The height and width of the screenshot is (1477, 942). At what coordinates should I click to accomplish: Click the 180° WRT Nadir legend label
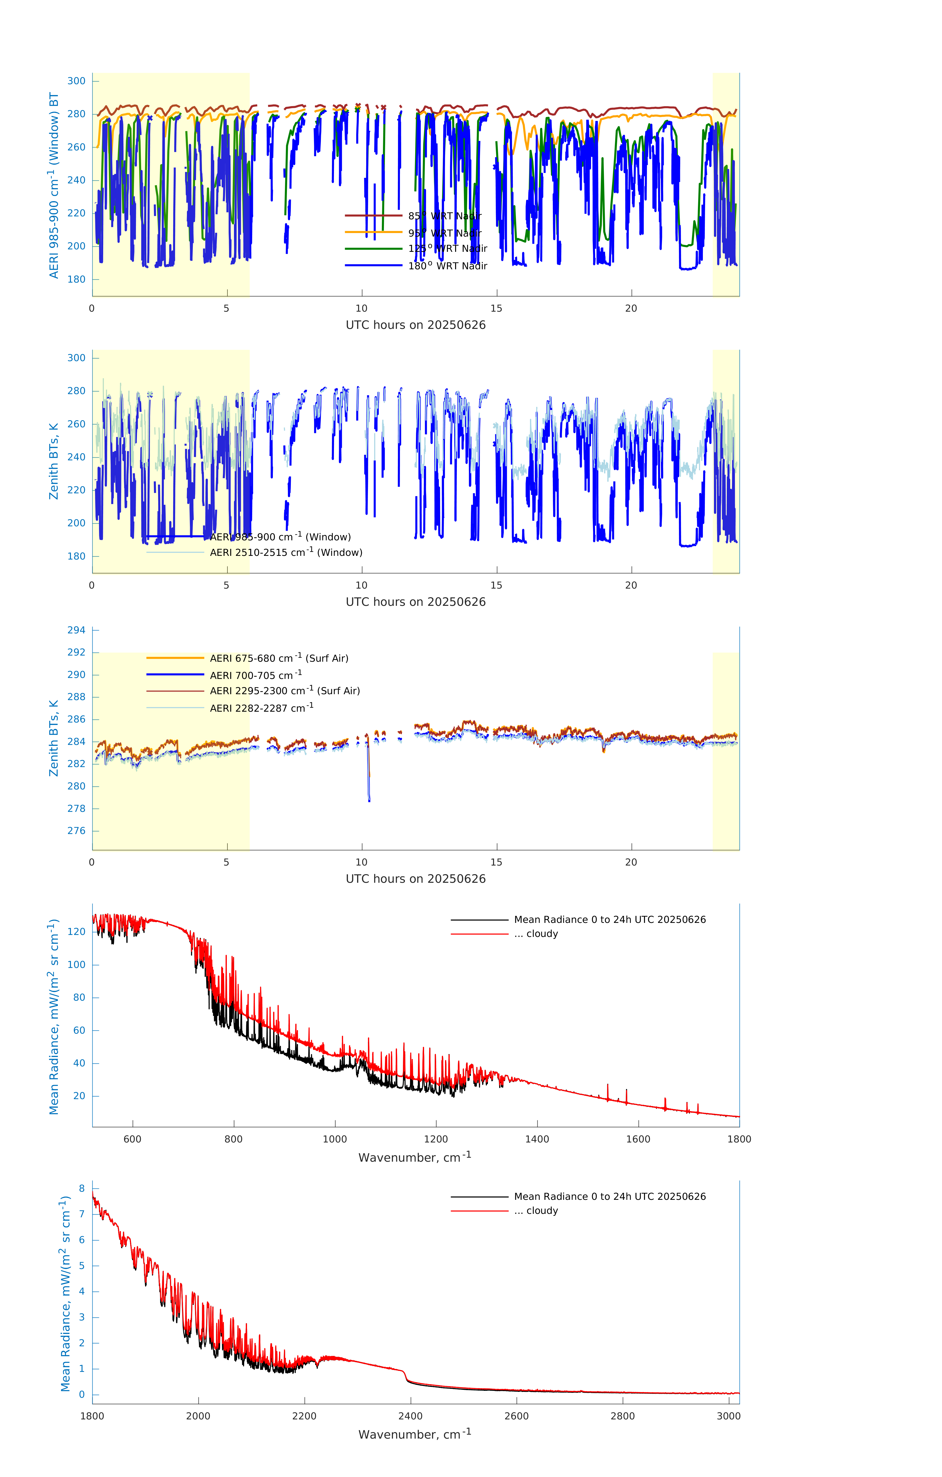447,266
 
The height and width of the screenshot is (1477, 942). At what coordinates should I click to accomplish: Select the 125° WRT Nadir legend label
447,248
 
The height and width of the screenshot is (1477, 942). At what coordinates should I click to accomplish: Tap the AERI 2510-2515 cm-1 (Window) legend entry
286,552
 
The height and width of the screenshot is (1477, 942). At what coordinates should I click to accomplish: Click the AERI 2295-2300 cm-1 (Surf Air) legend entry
285,691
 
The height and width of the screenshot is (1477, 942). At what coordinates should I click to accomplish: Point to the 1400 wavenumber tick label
537,1139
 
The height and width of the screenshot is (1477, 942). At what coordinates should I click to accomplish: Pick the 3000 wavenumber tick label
728,1416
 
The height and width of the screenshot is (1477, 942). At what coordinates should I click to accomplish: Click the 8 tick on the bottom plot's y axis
82,1188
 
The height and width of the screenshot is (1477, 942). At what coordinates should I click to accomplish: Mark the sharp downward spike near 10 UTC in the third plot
369,797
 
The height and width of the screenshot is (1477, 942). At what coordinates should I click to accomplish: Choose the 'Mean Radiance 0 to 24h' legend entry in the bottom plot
609,1196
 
